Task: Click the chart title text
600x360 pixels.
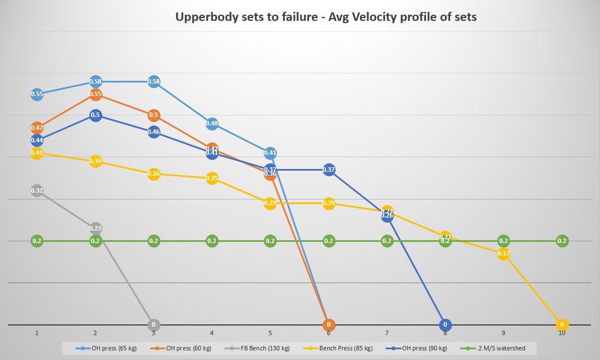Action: [326, 17]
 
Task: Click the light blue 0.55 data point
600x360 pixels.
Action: [37, 94]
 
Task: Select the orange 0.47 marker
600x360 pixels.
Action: [37, 128]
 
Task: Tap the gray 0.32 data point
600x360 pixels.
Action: [37, 190]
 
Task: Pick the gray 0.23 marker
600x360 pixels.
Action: [95, 228]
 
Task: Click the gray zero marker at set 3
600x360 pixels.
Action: [154, 325]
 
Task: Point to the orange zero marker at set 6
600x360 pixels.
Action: [329, 325]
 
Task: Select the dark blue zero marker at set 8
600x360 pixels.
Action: [445, 325]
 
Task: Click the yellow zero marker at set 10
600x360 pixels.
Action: [562, 325]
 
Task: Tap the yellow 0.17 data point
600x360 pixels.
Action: [503, 253]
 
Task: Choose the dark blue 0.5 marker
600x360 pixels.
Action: [95, 115]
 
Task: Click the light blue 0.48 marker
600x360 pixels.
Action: [212, 123]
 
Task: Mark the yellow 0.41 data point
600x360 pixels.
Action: [37, 153]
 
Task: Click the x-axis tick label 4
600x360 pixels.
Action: [212, 334]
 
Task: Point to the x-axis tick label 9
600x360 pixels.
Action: [503, 334]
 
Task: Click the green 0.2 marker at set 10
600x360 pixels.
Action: [562, 241]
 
